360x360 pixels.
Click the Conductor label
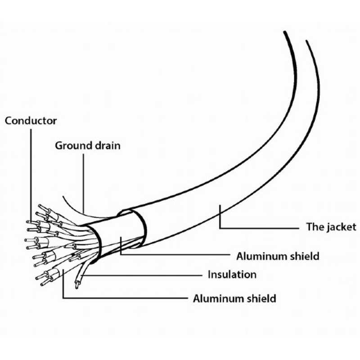point(31,121)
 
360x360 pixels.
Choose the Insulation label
point(232,274)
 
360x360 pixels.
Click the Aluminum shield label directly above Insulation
point(278,256)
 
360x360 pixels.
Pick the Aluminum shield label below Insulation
point(234,299)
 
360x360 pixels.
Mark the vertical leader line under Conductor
point(31,175)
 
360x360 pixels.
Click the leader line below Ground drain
point(83,184)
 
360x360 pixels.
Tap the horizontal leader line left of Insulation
point(141,275)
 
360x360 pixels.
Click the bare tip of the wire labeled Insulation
point(76,286)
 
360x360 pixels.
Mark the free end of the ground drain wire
point(63,196)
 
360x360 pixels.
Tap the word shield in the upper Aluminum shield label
point(305,256)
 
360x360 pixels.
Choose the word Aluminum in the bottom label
point(218,299)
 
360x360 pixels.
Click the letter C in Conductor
point(9,121)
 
